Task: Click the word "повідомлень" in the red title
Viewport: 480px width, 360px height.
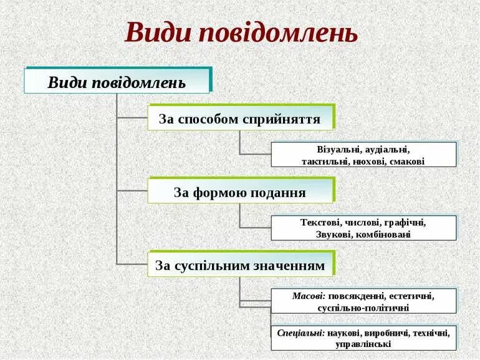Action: pyautogui.click(x=278, y=32)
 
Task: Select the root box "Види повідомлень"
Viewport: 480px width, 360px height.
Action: pyautogui.click(x=117, y=82)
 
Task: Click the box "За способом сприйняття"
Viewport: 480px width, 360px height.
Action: pyautogui.click(x=240, y=119)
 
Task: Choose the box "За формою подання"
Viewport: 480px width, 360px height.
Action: pyautogui.click(x=240, y=192)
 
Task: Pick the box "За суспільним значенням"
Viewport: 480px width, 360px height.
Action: pyautogui.click(x=240, y=266)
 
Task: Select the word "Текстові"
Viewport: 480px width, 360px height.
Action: pyautogui.click(x=320, y=222)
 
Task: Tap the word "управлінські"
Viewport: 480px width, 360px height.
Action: pyautogui.click(x=363, y=344)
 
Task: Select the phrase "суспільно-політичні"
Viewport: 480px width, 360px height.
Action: pyautogui.click(x=363, y=308)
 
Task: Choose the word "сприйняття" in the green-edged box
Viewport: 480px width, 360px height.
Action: pyautogui.click(x=287, y=119)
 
